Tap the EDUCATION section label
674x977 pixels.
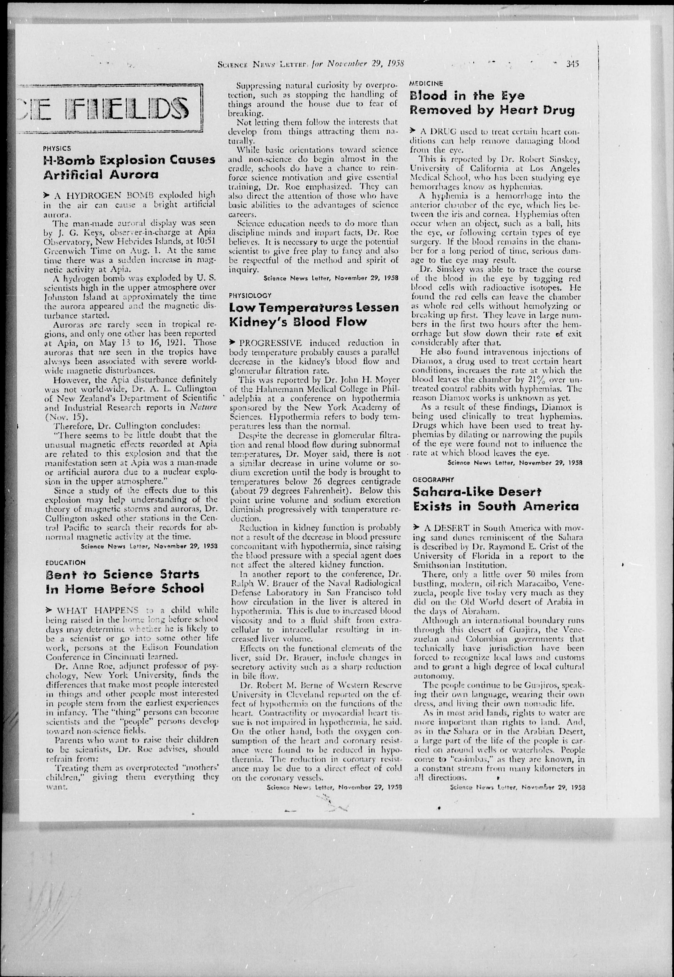(66, 563)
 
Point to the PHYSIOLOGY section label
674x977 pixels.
(250, 295)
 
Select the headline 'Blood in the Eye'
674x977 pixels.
(467, 96)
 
